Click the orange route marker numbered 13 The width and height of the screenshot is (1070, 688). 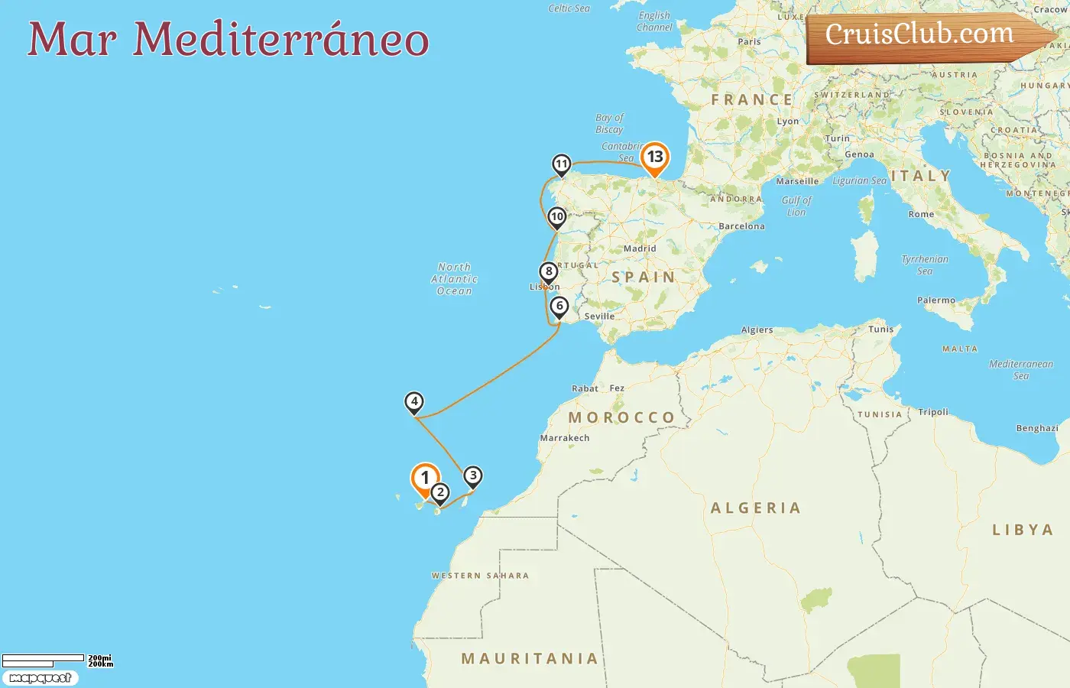[x=654, y=157]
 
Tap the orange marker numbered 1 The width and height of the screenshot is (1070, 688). [x=425, y=479]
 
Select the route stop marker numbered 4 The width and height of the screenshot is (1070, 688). [x=413, y=402]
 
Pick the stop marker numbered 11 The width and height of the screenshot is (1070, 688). [x=562, y=164]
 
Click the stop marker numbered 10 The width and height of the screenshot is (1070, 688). [x=557, y=217]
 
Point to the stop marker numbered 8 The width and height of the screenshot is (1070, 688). [x=548, y=272]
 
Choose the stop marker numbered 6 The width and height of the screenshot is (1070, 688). [x=559, y=307]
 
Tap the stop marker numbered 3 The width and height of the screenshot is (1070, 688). [x=473, y=476]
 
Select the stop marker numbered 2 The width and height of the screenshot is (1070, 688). [x=439, y=493]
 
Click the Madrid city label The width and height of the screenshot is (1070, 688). [x=640, y=248]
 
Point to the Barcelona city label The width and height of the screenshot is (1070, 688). [x=741, y=226]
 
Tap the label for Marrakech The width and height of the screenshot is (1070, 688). [x=565, y=438]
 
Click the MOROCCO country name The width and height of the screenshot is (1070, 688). [x=621, y=418]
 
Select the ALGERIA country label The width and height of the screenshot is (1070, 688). [x=755, y=508]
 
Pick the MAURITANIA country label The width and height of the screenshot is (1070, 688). [x=530, y=659]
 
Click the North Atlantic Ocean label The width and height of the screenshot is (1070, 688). [x=454, y=279]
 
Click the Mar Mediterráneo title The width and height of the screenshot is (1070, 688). [x=228, y=39]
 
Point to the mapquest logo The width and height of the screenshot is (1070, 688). [x=40, y=678]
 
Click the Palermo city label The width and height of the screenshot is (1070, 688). [x=936, y=300]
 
